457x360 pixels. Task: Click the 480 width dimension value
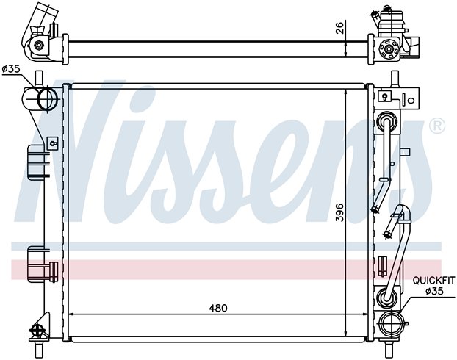[x=218, y=308]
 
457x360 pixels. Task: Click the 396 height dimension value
[x=340, y=212]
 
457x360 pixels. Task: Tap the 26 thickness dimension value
[x=340, y=27]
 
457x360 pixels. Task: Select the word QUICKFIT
[x=433, y=281]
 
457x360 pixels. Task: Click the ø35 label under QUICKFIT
[x=434, y=291]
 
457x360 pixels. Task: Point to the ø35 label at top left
[x=11, y=69]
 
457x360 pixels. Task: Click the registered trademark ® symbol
[x=437, y=126]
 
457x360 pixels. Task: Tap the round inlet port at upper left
[x=48, y=99]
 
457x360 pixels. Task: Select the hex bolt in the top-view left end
[x=38, y=45]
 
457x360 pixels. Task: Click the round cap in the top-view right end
[x=388, y=49]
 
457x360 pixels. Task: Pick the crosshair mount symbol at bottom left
[x=37, y=331]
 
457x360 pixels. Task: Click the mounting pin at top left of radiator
[x=38, y=79]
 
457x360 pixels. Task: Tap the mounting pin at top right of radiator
[x=395, y=79]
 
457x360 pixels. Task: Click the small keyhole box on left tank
[x=53, y=143]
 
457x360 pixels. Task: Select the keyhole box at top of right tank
[x=385, y=96]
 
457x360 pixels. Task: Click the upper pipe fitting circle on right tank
[x=386, y=121]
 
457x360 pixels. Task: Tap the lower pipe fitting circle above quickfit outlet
[x=386, y=298]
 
